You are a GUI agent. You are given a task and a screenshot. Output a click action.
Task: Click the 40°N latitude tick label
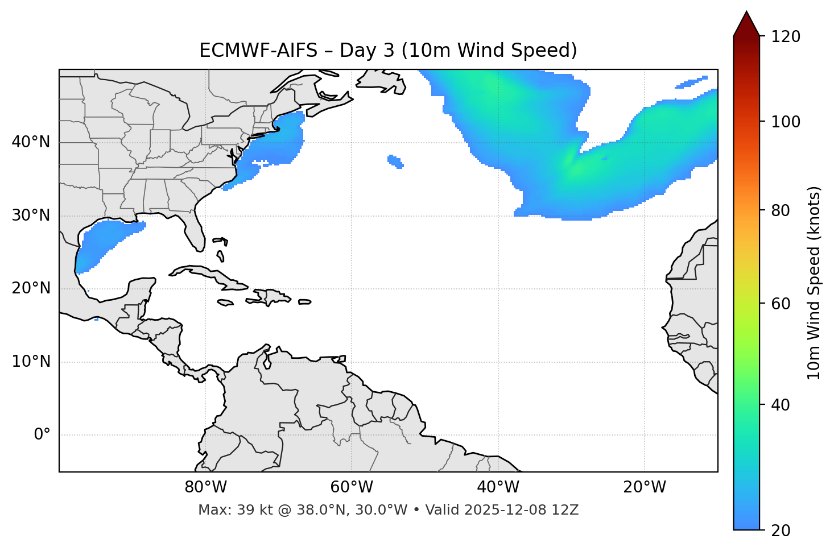[31, 142]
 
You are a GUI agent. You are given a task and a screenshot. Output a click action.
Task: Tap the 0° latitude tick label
[42, 435]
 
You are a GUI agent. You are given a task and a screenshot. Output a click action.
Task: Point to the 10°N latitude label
[31, 362]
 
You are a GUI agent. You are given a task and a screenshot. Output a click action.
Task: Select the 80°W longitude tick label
[205, 487]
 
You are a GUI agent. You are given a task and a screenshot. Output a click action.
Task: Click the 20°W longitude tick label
[645, 487]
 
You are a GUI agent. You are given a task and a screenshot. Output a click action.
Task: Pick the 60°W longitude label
[352, 487]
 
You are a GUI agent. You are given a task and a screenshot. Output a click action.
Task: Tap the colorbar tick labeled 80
[781, 210]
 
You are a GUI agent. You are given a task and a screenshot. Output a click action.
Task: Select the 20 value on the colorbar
[781, 531]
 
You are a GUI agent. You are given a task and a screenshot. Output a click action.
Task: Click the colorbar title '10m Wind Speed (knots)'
[814, 283]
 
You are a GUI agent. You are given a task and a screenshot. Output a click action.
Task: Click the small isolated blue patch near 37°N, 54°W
[395, 161]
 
